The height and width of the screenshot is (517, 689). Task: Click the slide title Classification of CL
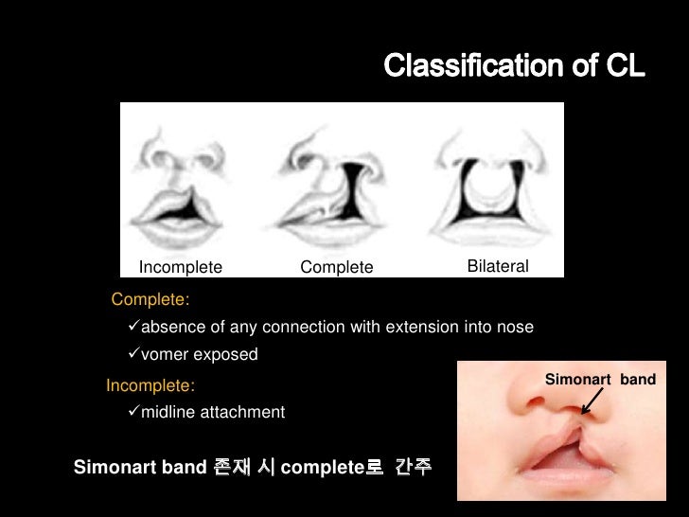click(x=515, y=67)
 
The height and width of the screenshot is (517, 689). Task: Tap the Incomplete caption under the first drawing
click(x=181, y=268)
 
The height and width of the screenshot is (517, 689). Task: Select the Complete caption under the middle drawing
click(x=337, y=268)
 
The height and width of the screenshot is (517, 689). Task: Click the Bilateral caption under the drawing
click(x=498, y=267)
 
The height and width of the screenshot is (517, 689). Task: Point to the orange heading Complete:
click(x=150, y=301)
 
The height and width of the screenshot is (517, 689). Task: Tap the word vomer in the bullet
click(x=165, y=355)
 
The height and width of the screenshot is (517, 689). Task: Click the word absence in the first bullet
click(x=172, y=328)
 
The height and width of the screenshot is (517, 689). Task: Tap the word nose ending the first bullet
click(x=516, y=328)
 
